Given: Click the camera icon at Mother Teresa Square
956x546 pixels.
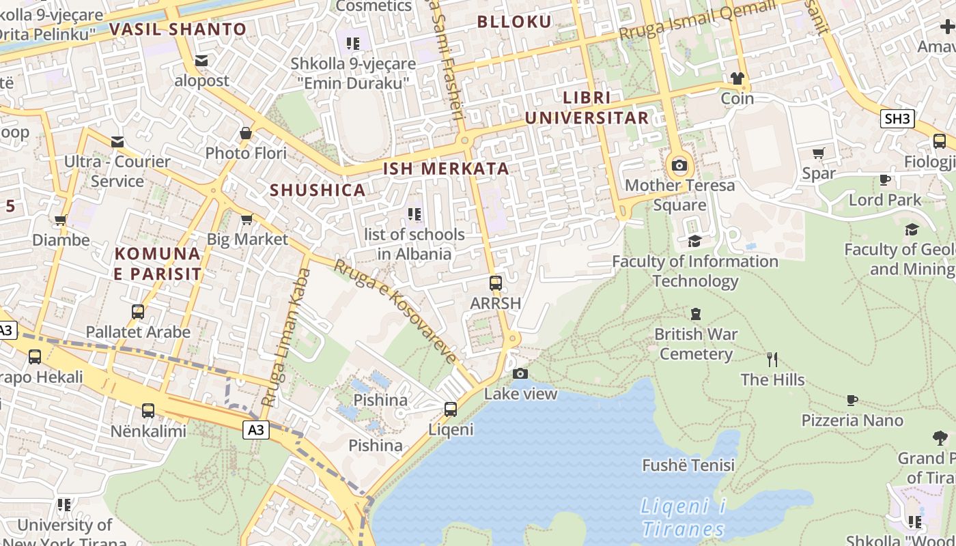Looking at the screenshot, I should pyautogui.click(x=679, y=165).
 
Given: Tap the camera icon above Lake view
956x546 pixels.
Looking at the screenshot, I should pyautogui.click(x=520, y=373).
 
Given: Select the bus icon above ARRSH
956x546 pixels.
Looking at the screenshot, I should pyautogui.click(x=496, y=283).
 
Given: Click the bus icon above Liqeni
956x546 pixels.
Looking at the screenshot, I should pyautogui.click(x=451, y=409).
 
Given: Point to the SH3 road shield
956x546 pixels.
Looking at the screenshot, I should pyautogui.click(x=897, y=119).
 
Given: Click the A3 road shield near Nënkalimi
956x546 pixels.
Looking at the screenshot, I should pyautogui.click(x=255, y=430).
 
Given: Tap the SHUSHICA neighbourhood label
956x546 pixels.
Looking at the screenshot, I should pyautogui.click(x=318, y=190).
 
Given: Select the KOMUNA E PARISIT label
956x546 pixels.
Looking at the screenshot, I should pyautogui.click(x=158, y=264).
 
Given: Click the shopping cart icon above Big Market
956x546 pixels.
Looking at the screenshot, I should pyautogui.click(x=247, y=219).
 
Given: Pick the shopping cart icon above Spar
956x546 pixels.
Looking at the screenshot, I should pyautogui.click(x=819, y=153).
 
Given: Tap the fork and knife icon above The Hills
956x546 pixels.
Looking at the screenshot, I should pyautogui.click(x=772, y=359).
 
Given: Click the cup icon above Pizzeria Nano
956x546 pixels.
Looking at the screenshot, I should pyautogui.click(x=852, y=400).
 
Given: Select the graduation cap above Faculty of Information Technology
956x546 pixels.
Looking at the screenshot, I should pyautogui.click(x=694, y=241).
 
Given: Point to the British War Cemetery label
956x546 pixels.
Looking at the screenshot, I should pyautogui.click(x=696, y=344).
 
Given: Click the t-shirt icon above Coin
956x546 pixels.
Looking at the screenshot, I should pyautogui.click(x=737, y=78).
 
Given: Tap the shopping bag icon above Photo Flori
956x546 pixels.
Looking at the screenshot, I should pyautogui.click(x=246, y=133).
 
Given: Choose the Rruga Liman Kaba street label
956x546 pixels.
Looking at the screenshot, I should pyautogui.click(x=287, y=337).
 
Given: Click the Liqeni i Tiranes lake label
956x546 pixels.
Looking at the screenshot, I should pyautogui.click(x=683, y=517).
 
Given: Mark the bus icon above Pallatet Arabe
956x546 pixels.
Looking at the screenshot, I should pyautogui.click(x=138, y=312).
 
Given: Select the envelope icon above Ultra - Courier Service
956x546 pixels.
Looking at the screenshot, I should pyautogui.click(x=117, y=142).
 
